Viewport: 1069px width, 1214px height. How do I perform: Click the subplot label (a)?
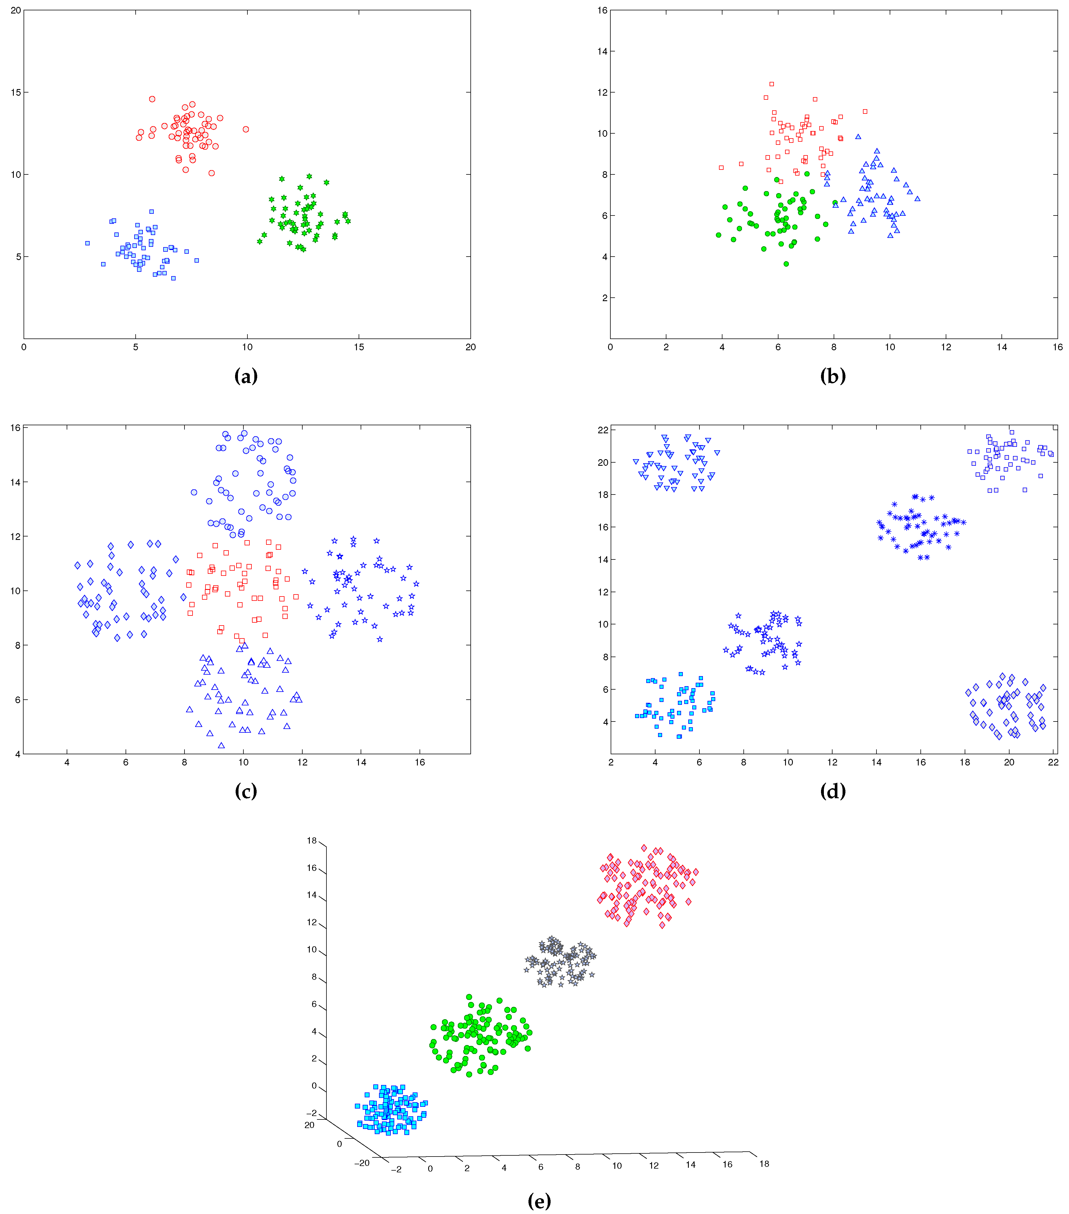[x=246, y=376]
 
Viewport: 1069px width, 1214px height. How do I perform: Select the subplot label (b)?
[x=832, y=376]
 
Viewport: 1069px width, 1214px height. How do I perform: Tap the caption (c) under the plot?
[x=246, y=791]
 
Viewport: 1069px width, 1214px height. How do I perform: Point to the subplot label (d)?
[x=832, y=791]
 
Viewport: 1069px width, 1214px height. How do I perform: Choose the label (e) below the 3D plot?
[x=539, y=1201]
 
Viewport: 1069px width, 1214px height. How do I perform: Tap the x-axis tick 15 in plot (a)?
[x=359, y=347]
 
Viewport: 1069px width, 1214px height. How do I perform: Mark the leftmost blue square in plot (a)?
[x=87, y=243]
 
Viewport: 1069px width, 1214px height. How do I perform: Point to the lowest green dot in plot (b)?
[x=786, y=264]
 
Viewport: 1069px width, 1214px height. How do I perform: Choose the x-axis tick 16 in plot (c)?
[x=420, y=763]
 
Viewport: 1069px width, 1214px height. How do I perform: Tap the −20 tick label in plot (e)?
[x=362, y=1163]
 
